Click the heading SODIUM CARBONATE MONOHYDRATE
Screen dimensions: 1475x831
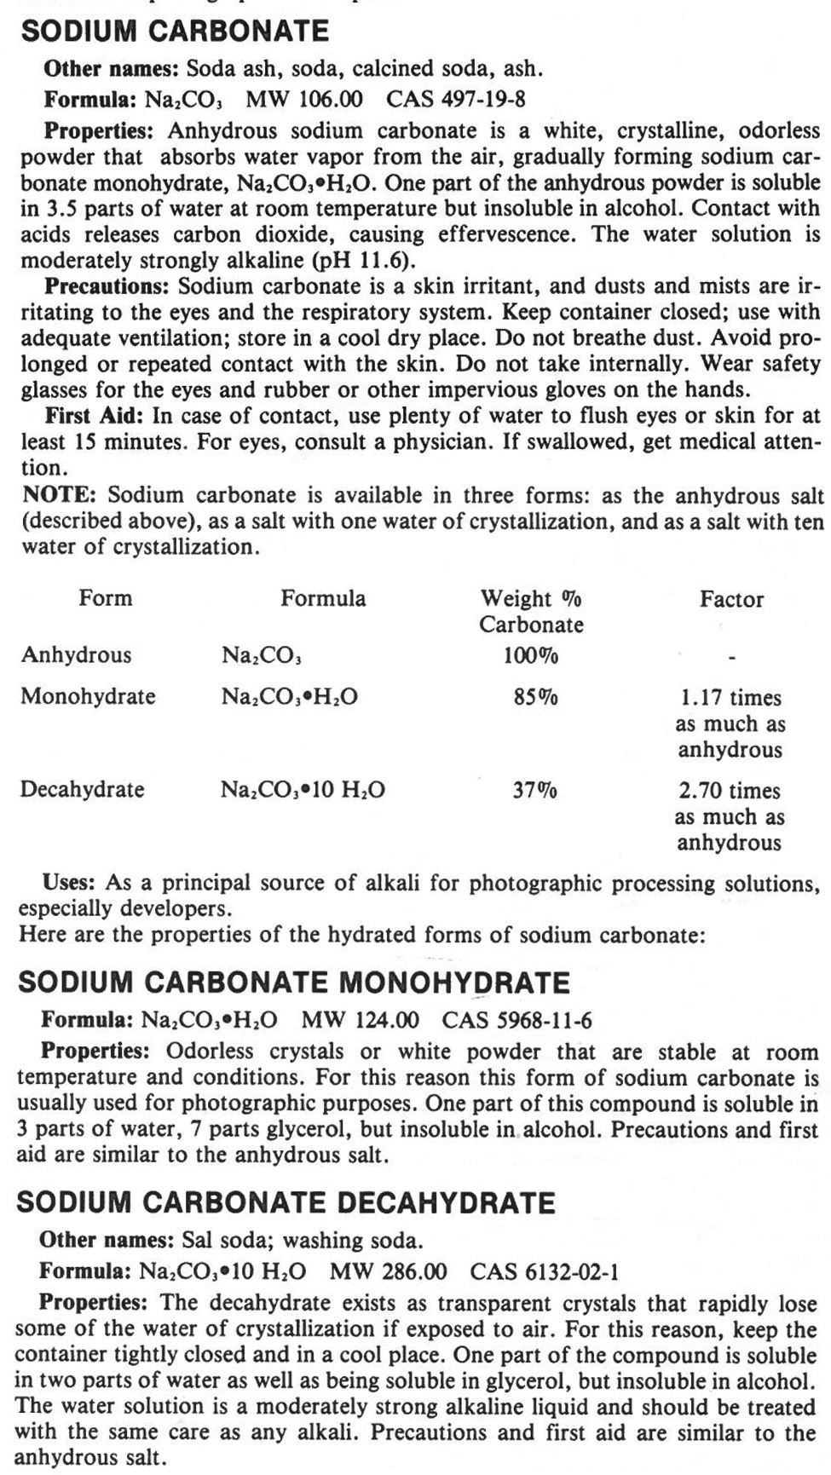293,982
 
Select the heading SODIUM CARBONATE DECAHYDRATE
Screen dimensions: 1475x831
286,1202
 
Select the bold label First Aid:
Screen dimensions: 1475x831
96,416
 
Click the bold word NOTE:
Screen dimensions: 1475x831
60,495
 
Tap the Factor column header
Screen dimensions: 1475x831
731,599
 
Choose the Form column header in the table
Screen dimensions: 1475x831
106,598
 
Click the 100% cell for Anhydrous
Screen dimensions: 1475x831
530,655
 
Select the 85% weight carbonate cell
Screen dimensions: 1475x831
535,698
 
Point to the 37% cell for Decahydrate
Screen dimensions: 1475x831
534,790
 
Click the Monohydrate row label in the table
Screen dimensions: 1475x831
88,696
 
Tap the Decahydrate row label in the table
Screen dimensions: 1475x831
83,789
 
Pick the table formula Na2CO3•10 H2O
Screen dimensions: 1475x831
303,790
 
